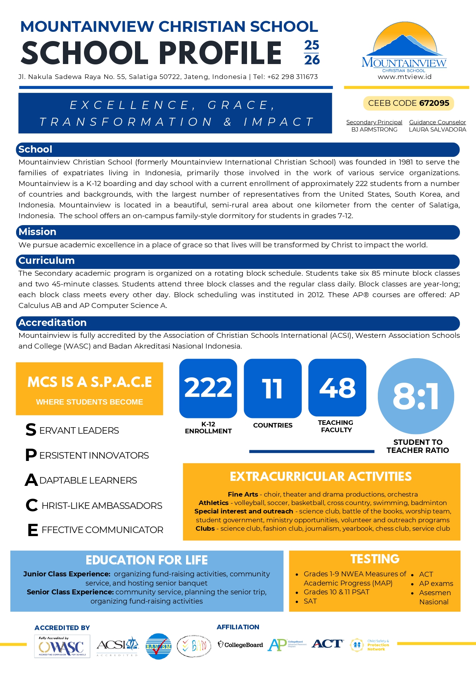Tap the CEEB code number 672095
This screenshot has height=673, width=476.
pyautogui.click(x=434, y=103)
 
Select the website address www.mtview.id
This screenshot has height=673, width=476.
pyautogui.click(x=405, y=77)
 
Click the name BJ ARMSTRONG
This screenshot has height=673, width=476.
pyautogui.click(x=374, y=130)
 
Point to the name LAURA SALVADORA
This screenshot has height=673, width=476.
pyautogui.click(x=437, y=130)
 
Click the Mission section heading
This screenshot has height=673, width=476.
pyautogui.click(x=38, y=232)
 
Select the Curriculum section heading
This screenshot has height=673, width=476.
pyautogui.click(x=46, y=261)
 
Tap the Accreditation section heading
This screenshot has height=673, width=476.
pyautogui.click(x=53, y=323)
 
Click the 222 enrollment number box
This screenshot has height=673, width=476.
pyautogui.click(x=208, y=388)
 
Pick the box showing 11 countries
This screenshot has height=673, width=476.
pyautogui.click(x=273, y=388)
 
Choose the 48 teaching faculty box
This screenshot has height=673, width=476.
pyautogui.click(x=337, y=387)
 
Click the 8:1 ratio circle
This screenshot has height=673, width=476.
pyautogui.click(x=416, y=396)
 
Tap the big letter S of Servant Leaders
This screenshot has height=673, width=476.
pyautogui.click(x=31, y=430)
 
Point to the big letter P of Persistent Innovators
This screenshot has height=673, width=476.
pyautogui.click(x=31, y=455)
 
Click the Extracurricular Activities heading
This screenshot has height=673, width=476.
pyautogui.click(x=321, y=476)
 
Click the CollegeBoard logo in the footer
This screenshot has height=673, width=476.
pyautogui.click(x=240, y=645)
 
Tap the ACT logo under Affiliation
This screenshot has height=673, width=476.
pyautogui.click(x=327, y=644)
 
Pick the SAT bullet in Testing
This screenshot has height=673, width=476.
pyautogui.click(x=310, y=601)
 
